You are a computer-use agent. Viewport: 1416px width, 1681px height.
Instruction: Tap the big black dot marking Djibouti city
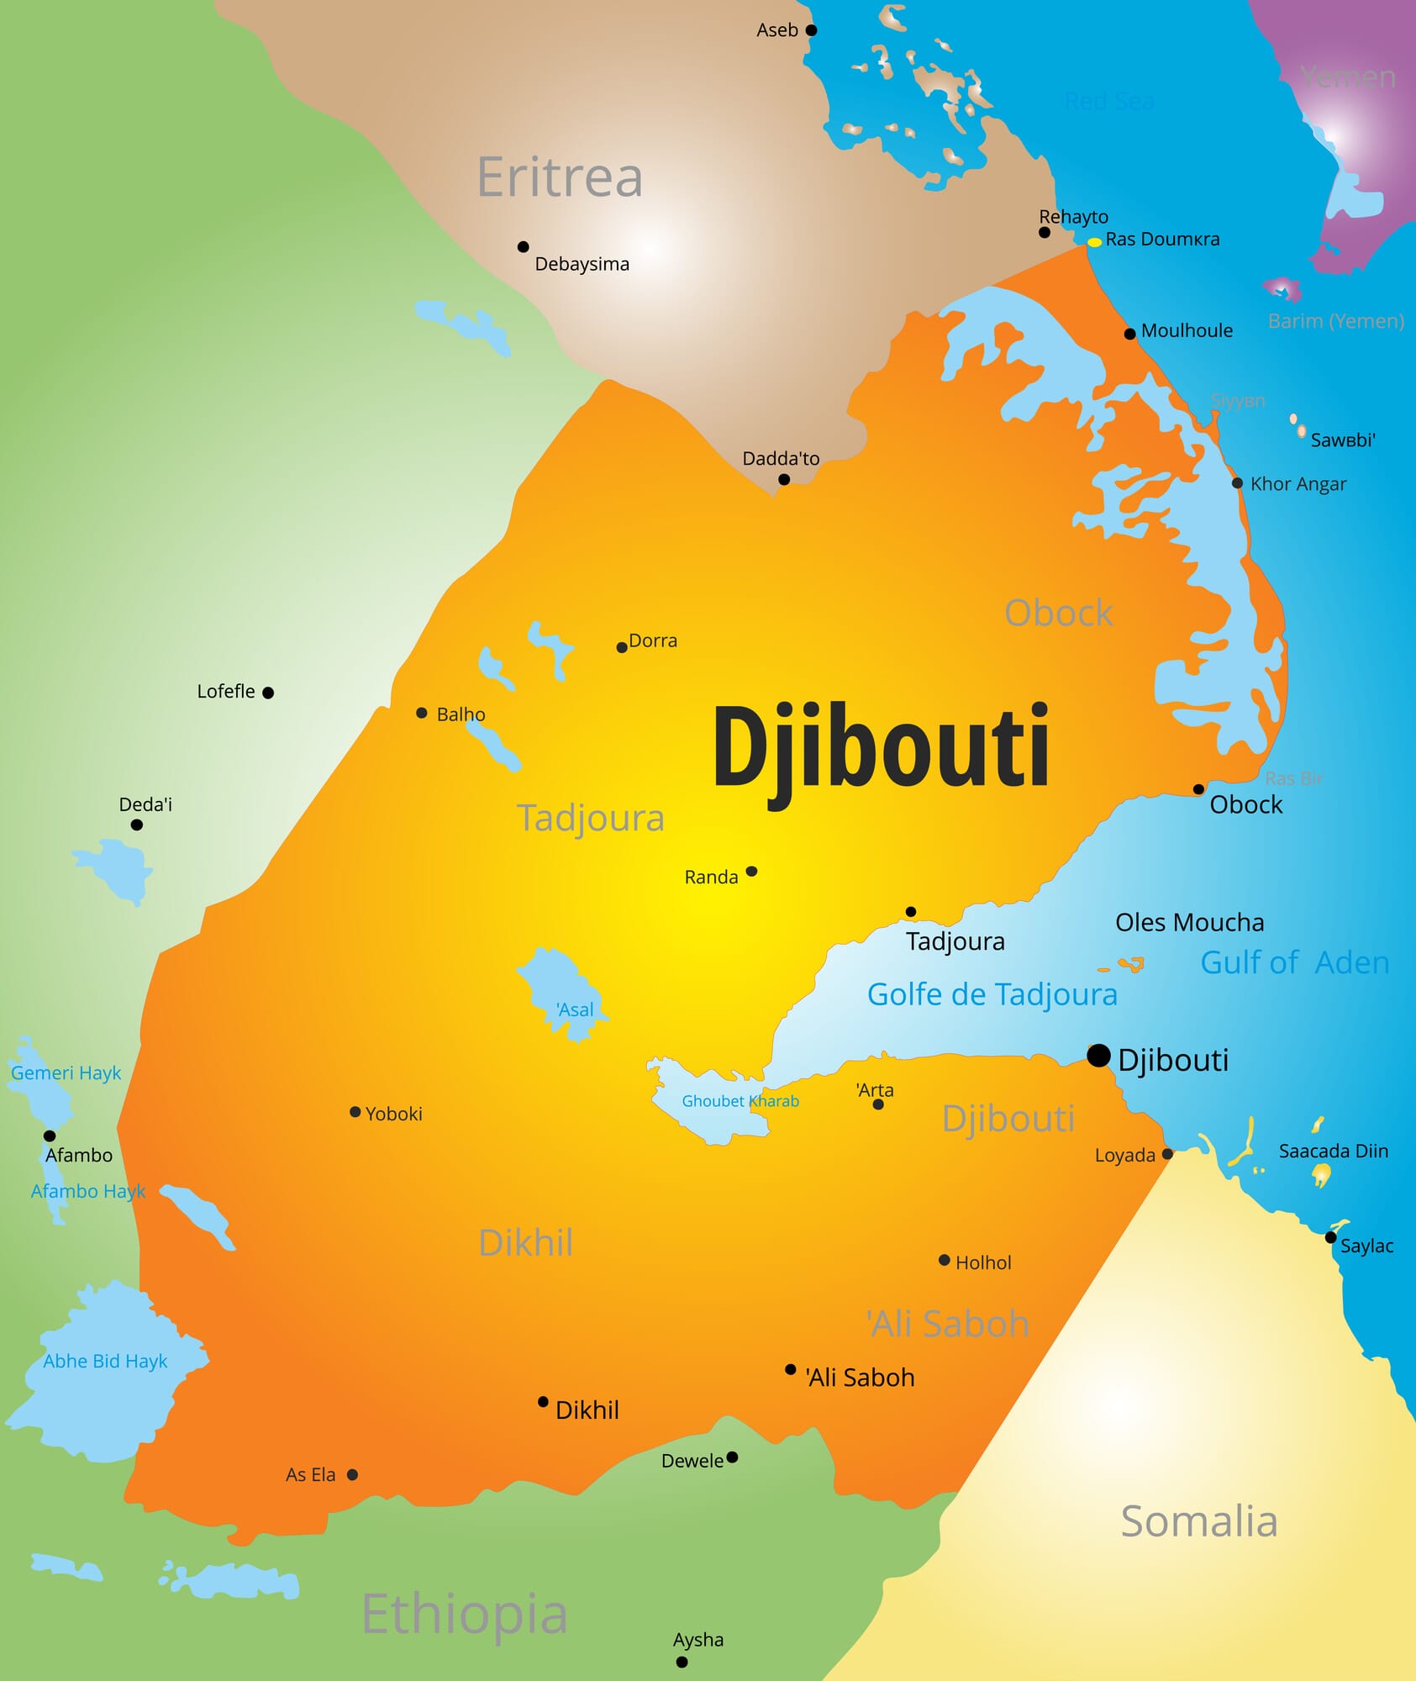click(1098, 1056)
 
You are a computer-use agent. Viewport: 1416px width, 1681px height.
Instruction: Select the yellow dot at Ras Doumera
click(1094, 242)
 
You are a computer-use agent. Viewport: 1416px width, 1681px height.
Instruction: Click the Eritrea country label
click(560, 177)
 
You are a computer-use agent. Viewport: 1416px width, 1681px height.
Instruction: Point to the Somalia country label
click(1199, 1521)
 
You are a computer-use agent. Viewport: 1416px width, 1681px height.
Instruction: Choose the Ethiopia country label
click(465, 1614)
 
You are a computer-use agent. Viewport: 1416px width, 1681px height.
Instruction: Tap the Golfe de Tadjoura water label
click(992, 994)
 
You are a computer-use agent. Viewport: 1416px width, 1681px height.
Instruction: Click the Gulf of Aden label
click(1294, 962)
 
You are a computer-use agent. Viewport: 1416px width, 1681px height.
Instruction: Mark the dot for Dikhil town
click(543, 1402)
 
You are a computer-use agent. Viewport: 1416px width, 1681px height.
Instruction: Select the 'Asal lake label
click(575, 1009)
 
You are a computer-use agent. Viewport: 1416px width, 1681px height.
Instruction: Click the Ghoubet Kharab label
click(740, 1101)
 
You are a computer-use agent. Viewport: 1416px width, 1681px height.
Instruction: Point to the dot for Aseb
click(811, 30)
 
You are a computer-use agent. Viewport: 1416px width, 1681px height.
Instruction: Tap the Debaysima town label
click(582, 264)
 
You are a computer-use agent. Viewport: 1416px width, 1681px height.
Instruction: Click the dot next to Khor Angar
click(1237, 483)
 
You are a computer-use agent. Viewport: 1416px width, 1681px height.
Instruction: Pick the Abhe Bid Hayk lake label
click(105, 1361)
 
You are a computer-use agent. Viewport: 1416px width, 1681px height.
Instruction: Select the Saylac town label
click(1366, 1246)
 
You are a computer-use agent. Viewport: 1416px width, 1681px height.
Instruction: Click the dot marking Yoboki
click(355, 1112)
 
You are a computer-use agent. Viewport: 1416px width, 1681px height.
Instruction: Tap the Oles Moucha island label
click(1189, 922)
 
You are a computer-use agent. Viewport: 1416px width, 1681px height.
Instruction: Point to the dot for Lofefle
click(268, 693)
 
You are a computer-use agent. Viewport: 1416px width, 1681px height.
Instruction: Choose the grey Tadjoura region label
click(590, 818)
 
